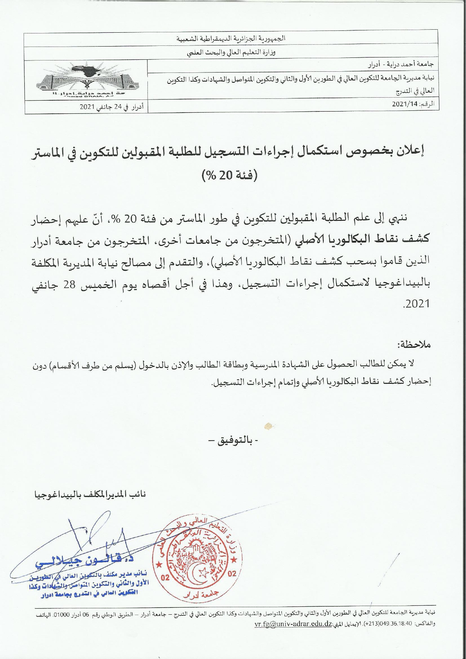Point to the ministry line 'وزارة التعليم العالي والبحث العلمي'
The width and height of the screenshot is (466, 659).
tap(231, 53)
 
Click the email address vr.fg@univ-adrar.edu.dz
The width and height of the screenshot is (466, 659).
tap(293, 624)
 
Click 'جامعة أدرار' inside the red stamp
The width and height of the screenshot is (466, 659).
tap(201, 593)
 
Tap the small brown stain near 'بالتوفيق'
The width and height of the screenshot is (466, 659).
tap(268, 425)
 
